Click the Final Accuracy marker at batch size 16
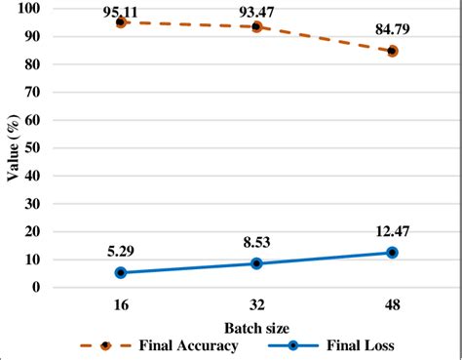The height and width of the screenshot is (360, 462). point(121,21)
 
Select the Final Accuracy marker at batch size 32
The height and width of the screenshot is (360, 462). point(256,26)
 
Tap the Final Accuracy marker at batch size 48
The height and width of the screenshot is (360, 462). point(392,51)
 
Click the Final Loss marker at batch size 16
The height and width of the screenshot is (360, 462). point(121,272)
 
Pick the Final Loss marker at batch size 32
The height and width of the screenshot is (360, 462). point(256,263)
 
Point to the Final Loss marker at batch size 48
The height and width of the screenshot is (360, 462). point(392,252)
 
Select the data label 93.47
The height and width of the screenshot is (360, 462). point(256,11)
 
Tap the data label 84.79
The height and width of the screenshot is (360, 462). point(392,35)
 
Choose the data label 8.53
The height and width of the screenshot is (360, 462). point(256,242)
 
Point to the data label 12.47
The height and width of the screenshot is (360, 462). point(392,231)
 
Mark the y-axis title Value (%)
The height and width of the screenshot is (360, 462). point(14,146)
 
